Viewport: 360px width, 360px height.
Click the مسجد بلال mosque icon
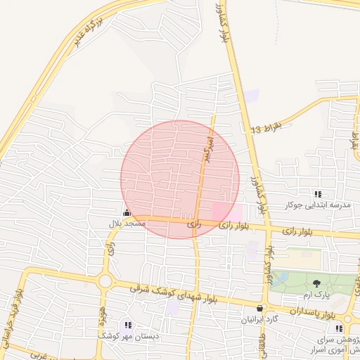tap(127, 213)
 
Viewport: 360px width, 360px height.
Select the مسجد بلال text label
tap(127, 224)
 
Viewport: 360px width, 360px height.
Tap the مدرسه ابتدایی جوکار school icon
tap(318, 194)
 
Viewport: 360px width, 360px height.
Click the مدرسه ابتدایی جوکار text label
tap(317, 205)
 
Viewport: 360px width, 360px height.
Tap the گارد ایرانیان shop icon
tap(260, 308)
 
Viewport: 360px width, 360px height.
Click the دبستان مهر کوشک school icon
tap(127, 325)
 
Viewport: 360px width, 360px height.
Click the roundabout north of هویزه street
tap(106, 281)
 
